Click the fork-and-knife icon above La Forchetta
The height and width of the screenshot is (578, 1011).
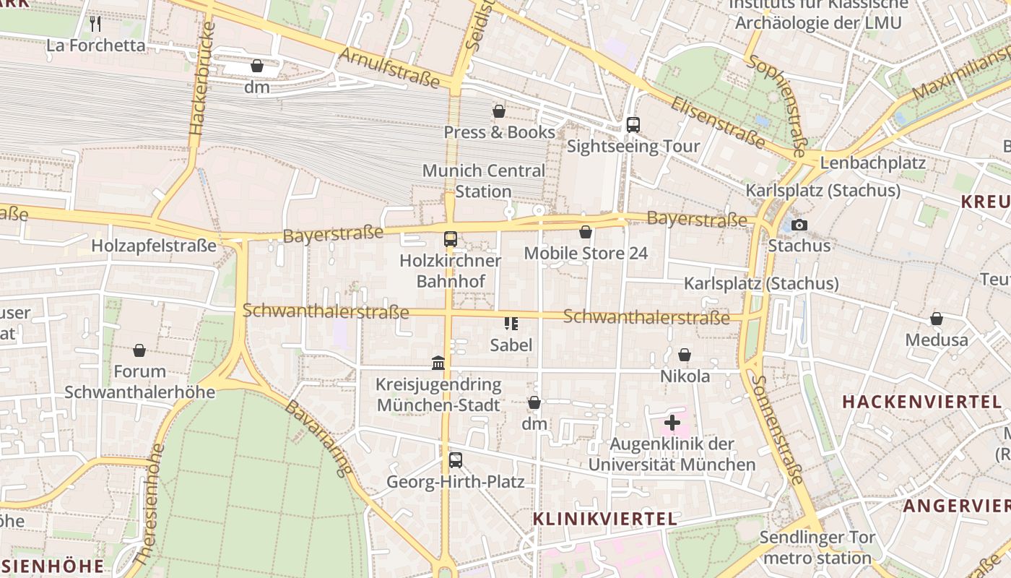pos(95,24)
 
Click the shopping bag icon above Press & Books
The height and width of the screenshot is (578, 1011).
pos(498,111)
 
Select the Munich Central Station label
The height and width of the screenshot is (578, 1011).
pos(483,181)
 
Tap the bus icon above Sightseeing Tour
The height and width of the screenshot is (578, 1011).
pos(633,125)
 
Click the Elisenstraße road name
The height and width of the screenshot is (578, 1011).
pos(717,122)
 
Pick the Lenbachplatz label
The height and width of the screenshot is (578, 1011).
pos(872,163)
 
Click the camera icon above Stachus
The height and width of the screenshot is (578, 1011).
pos(799,225)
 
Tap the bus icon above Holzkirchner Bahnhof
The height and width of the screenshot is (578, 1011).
pos(451,238)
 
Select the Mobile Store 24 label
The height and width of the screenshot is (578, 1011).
pos(586,253)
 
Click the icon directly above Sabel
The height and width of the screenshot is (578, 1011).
pos(511,324)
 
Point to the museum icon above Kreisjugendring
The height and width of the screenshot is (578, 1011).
pos(438,363)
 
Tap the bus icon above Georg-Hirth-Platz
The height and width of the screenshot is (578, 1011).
pos(455,460)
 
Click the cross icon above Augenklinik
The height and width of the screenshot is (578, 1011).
pos(672,422)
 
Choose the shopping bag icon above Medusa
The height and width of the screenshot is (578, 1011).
pos(936,319)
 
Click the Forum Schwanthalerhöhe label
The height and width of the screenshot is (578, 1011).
pos(140,381)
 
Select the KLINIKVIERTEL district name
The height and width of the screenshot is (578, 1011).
pos(605,519)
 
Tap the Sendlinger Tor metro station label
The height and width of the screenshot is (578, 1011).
pos(817,548)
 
